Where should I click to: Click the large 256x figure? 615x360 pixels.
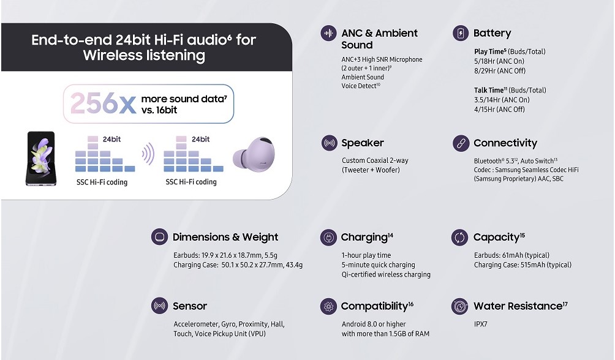103,103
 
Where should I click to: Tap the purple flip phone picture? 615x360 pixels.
41,159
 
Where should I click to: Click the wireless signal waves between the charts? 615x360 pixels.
148,154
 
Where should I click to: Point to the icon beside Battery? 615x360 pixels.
461,33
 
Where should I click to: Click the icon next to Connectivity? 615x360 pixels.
461,143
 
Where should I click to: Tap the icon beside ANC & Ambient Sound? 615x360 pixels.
329,33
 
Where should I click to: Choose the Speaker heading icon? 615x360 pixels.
329,143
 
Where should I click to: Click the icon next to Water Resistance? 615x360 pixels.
459,306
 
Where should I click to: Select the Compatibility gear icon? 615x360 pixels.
328,306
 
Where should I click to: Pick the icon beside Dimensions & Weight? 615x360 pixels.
159,238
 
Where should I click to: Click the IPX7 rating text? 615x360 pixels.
480,324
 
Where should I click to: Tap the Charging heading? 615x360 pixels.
367,238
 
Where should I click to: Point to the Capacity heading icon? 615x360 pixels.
459,238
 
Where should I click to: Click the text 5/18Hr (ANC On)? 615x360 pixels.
499,61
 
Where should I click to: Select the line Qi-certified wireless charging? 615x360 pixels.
386,274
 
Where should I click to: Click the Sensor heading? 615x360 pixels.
190,306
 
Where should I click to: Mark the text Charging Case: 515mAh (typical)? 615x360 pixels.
523,265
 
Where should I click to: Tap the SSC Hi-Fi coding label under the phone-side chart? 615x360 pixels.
102,182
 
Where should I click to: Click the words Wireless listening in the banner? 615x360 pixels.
144,55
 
